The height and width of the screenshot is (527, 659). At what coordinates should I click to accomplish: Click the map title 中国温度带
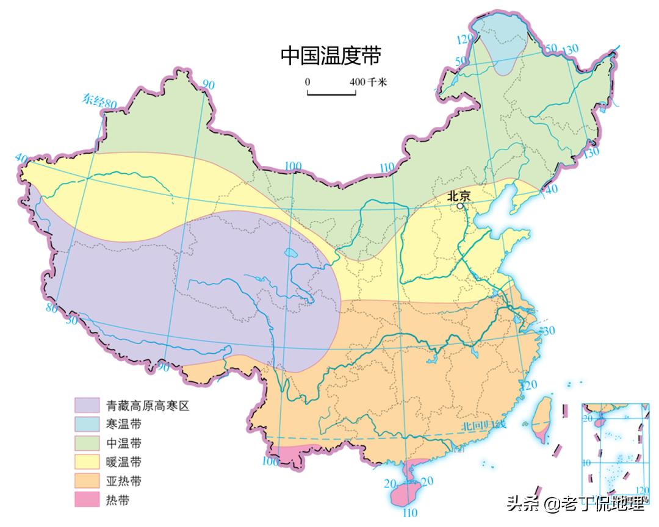coord(330,56)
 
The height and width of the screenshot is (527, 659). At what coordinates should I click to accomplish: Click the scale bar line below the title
coord(331,94)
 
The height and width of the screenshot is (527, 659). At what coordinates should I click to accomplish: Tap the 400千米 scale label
coord(369,82)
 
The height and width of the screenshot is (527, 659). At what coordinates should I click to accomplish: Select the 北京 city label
coord(459,196)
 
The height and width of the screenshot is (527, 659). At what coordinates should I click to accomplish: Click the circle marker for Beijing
coord(461,206)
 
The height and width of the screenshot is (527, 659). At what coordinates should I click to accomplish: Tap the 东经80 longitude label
coord(99,101)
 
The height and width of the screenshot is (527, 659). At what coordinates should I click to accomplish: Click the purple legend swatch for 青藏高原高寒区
coord(87,405)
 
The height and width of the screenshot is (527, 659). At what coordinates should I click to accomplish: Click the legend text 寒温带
coord(124,424)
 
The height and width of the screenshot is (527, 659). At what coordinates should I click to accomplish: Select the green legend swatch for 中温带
coord(87,443)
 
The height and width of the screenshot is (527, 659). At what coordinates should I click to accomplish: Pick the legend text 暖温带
coord(124,462)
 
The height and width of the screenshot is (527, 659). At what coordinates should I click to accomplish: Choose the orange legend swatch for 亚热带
coord(87,481)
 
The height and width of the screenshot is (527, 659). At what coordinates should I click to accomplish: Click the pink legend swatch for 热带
coord(87,500)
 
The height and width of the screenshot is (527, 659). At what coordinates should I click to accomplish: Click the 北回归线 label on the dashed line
coord(483,426)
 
